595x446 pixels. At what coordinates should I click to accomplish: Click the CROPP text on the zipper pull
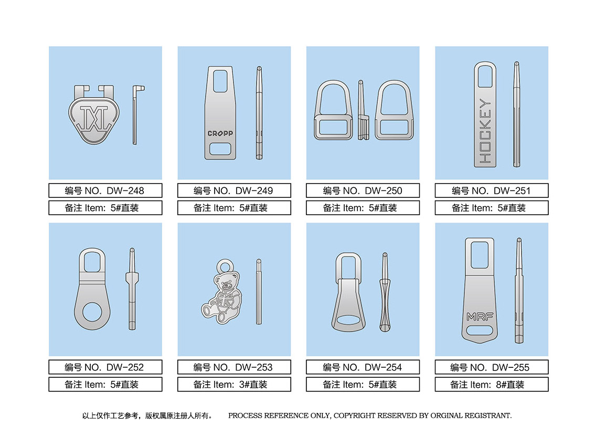pyautogui.click(x=220, y=133)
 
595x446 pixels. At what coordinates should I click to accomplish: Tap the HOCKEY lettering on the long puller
pyautogui.click(x=485, y=131)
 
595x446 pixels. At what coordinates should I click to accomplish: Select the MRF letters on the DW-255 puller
pyautogui.click(x=480, y=316)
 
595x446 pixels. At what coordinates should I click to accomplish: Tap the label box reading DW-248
pyautogui.click(x=105, y=190)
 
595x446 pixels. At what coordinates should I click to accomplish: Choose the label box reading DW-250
pyautogui.click(x=363, y=190)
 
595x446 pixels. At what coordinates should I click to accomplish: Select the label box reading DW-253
pyautogui.click(x=234, y=367)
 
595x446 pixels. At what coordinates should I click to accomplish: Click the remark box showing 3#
pyautogui.click(x=234, y=385)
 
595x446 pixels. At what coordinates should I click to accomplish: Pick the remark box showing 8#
pyautogui.click(x=492, y=385)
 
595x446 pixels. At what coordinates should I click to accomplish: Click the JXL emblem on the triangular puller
pyautogui.click(x=94, y=118)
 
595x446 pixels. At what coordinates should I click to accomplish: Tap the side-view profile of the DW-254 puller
pyautogui.click(x=385, y=292)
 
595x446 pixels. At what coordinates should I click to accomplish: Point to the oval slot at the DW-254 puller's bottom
pyautogui.click(x=349, y=321)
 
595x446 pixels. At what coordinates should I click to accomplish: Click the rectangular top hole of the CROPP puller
pyautogui.click(x=220, y=81)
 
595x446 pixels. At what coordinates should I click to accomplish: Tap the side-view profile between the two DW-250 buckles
pyautogui.click(x=363, y=110)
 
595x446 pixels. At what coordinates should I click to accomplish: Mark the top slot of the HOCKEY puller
pyautogui.click(x=485, y=76)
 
